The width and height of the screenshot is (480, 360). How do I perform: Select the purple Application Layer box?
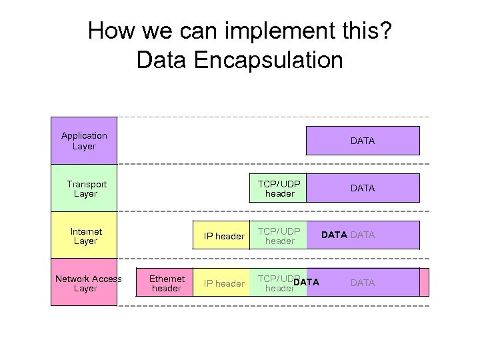(84, 141)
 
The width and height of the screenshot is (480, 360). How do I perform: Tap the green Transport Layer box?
(84, 188)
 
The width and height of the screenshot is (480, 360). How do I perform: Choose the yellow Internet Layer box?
(84, 236)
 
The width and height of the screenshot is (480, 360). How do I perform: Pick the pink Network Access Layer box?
(84, 283)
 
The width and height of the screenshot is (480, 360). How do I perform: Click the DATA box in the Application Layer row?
(362, 141)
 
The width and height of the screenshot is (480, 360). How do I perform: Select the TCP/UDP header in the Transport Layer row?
(279, 188)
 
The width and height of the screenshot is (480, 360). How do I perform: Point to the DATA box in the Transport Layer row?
(362, 188)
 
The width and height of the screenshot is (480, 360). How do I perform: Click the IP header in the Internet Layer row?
(224, 236)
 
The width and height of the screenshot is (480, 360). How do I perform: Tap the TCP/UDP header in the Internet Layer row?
(279, 236)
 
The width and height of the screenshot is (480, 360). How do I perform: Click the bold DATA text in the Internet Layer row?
(334, 235)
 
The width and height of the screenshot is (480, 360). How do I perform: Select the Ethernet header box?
(166, 283)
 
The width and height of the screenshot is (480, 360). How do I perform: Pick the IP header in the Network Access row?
(224, 283)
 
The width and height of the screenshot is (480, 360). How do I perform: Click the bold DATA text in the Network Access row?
(307, 282)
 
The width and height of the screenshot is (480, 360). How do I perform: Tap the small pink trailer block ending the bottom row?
(424, 282)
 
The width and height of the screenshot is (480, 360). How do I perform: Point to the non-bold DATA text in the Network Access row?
(362, 283)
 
